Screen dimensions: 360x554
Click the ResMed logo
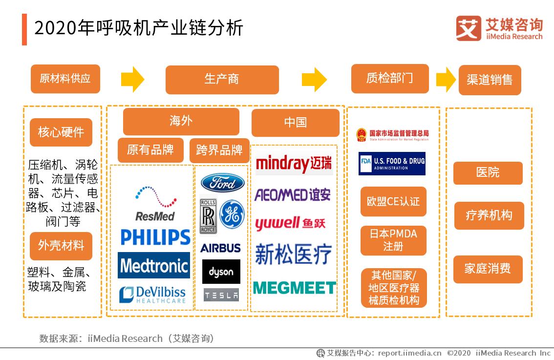click(155, 203)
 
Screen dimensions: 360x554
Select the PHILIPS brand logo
click(155, 237)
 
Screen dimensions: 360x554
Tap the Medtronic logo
click(154, 266)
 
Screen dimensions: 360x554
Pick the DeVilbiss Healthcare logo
click(153, 295)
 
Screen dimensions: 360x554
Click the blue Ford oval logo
click(222, 183)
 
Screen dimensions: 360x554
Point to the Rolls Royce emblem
click(208, 214)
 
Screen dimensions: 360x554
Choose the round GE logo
click(232, 214)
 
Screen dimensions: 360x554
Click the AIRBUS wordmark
click(220, 248)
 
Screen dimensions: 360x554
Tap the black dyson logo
click(221, 272)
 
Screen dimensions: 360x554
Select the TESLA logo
click(221, 295)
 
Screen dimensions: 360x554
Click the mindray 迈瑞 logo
click(294, 163)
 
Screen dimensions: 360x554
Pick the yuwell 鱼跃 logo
click(290, 224)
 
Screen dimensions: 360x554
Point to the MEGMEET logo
click(294, 288)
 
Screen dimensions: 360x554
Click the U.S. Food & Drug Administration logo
click(392, 164)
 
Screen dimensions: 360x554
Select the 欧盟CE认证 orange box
click(393, 201)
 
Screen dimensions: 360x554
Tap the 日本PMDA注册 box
click(393, 240)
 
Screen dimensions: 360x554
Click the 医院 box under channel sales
click(488, 173)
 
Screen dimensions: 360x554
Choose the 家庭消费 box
click(488, 269)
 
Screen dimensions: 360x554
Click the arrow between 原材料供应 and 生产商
click(132, 79)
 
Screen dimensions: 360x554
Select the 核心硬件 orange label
click(61, 132)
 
